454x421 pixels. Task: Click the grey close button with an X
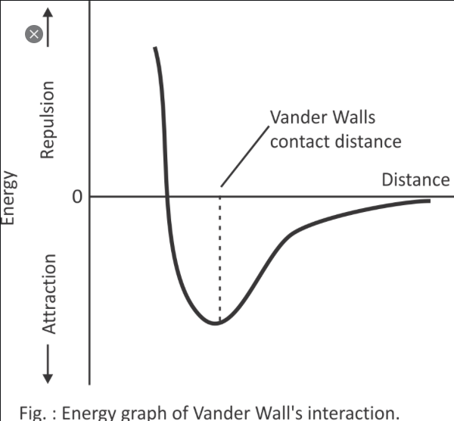pos(33,35)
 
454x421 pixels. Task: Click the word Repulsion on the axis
pos(48,120)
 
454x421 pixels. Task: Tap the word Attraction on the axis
pos(48,294)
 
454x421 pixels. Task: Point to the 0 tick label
pos(76,198)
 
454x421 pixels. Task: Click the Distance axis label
pos(415,179)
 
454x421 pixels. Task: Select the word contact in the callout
pos(300,141)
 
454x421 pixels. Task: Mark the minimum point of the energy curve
pos(218,323)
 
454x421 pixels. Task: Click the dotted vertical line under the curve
pos(219,257)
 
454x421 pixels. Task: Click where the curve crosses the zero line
pos(167,197)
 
